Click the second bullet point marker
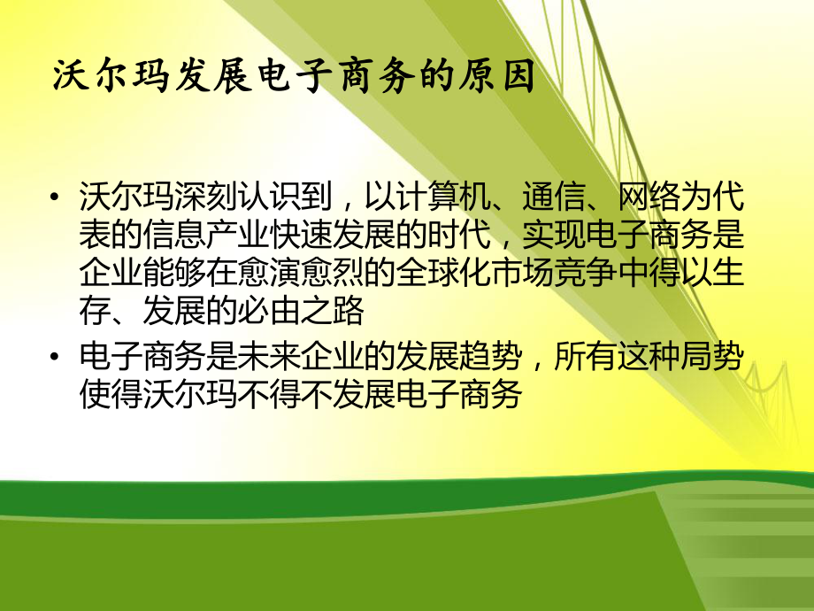[x=58, y=359]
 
